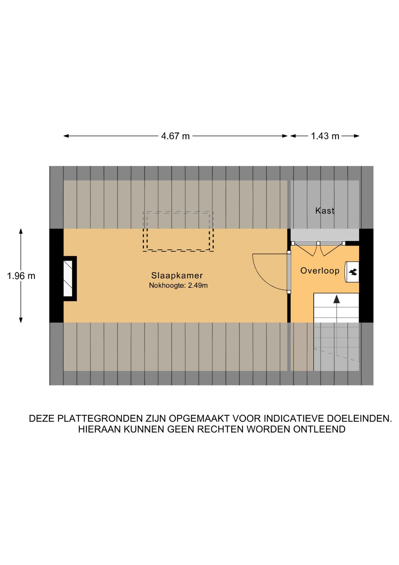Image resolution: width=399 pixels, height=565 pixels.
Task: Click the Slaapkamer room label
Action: [177, 275]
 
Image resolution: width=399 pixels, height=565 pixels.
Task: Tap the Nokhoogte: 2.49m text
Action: [178, 285]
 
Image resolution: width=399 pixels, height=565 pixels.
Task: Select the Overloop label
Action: [320, 271]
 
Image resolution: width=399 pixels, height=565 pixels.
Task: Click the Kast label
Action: [325, 211]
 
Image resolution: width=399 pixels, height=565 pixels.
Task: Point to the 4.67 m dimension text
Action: [175, 136]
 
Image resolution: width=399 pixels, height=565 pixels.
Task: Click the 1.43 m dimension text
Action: [325, 136]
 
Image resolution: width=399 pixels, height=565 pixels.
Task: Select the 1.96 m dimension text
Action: [21, 276]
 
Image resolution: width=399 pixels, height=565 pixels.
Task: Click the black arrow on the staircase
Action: [336, 300]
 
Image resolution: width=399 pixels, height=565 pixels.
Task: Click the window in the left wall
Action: [68, 278]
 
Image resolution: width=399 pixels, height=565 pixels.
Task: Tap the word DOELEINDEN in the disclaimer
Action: [359, 418]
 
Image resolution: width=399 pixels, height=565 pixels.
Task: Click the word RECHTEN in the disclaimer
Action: [220, 429]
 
